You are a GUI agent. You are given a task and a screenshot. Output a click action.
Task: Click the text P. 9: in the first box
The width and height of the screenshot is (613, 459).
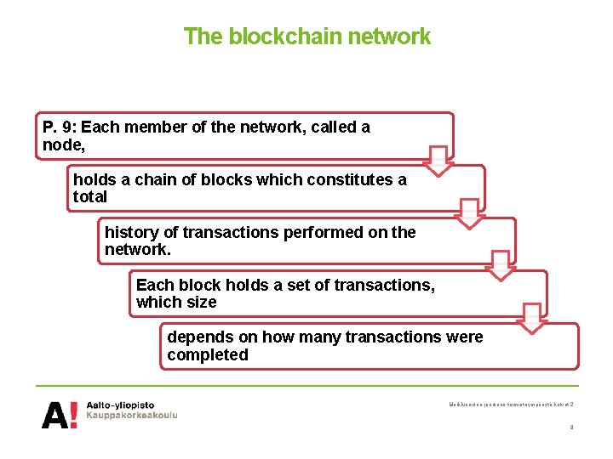pos(59,127)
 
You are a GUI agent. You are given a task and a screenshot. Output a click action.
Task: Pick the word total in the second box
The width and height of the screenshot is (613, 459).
pos(90,197)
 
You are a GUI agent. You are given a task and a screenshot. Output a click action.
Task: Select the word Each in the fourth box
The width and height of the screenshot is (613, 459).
pos(154,285)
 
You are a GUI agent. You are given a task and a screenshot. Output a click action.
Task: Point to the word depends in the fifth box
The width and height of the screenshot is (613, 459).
pos(198,337)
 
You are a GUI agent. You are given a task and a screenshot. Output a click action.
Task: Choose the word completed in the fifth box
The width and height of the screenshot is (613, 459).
pos(207,355)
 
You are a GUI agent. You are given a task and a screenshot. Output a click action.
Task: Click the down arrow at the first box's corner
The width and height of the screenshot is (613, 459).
pos(438,160)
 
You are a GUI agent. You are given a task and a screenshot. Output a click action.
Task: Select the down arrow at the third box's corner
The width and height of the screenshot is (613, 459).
pos(501,265)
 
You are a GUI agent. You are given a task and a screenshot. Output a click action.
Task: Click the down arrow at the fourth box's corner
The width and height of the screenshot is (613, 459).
pos(532,318)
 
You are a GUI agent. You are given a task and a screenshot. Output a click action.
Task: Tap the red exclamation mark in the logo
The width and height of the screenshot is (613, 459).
pos(73,415)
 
